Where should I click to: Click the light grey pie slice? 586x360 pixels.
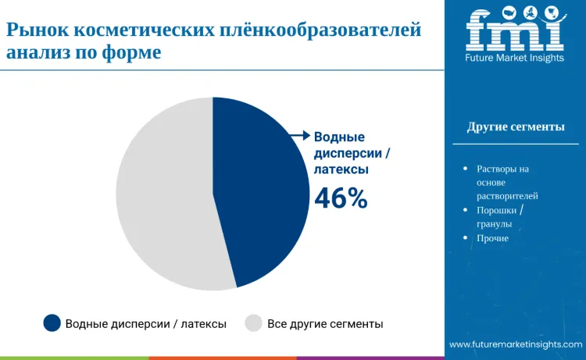coord(164,195)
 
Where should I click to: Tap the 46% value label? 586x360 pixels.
coord(341,199)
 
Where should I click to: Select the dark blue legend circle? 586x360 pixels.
coord(52,323)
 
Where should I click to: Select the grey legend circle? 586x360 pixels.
coord(253,323)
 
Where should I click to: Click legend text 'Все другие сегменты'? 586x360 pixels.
coord(325,323)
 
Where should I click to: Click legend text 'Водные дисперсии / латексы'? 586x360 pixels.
coord(146,323)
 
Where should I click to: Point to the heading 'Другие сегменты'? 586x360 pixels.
coord(516,127)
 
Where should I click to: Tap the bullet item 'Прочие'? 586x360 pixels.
coord(492,237)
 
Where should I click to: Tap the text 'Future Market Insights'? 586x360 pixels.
coord(515,58)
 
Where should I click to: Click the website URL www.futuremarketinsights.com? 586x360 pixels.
coord(516,344)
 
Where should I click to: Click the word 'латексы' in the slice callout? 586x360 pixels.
coord(341,168)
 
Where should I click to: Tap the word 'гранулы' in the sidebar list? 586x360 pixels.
coord(494,223)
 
